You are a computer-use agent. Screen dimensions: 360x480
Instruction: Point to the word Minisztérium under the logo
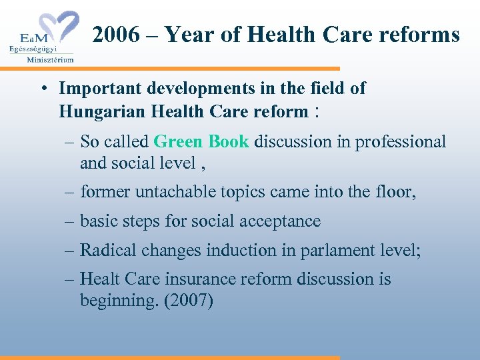point(50,59)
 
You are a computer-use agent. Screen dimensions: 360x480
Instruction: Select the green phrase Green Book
point(201,141)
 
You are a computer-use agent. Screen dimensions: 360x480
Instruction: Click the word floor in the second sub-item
point(394,193)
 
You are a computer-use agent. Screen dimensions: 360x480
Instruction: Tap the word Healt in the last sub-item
point(100,279)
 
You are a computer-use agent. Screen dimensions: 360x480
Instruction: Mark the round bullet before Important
point(42,89)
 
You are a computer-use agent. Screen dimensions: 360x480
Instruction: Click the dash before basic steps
point(70,221)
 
